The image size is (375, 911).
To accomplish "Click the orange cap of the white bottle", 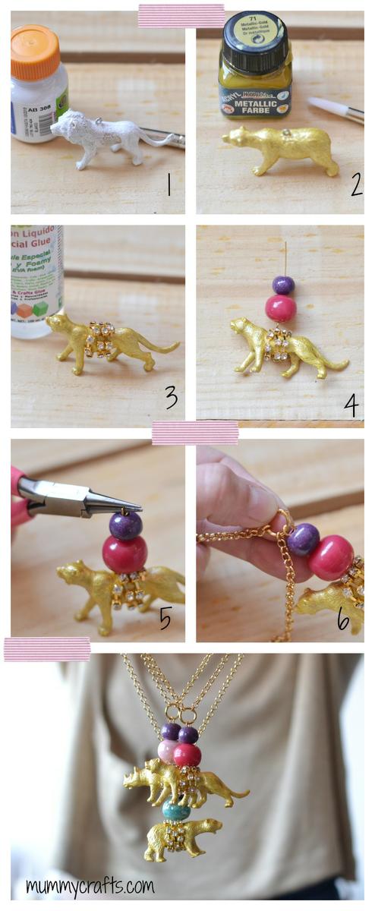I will click(x=35, y=52).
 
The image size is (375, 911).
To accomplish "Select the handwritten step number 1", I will click(x=168, y=184).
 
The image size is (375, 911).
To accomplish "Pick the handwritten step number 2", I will click(x=356, y=184).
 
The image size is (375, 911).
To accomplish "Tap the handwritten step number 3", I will click(x=171, y=396).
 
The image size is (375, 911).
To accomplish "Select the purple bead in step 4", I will click(x=283, y=285).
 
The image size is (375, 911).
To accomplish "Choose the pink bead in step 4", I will click(x=280, y=308).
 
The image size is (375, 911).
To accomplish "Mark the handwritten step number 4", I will click(x=350, y=405).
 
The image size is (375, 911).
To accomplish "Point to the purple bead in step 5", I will click(x=125, y=525).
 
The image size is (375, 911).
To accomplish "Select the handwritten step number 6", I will click(x=343, y=619).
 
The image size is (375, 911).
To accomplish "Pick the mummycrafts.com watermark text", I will click(x=90, y=885).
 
